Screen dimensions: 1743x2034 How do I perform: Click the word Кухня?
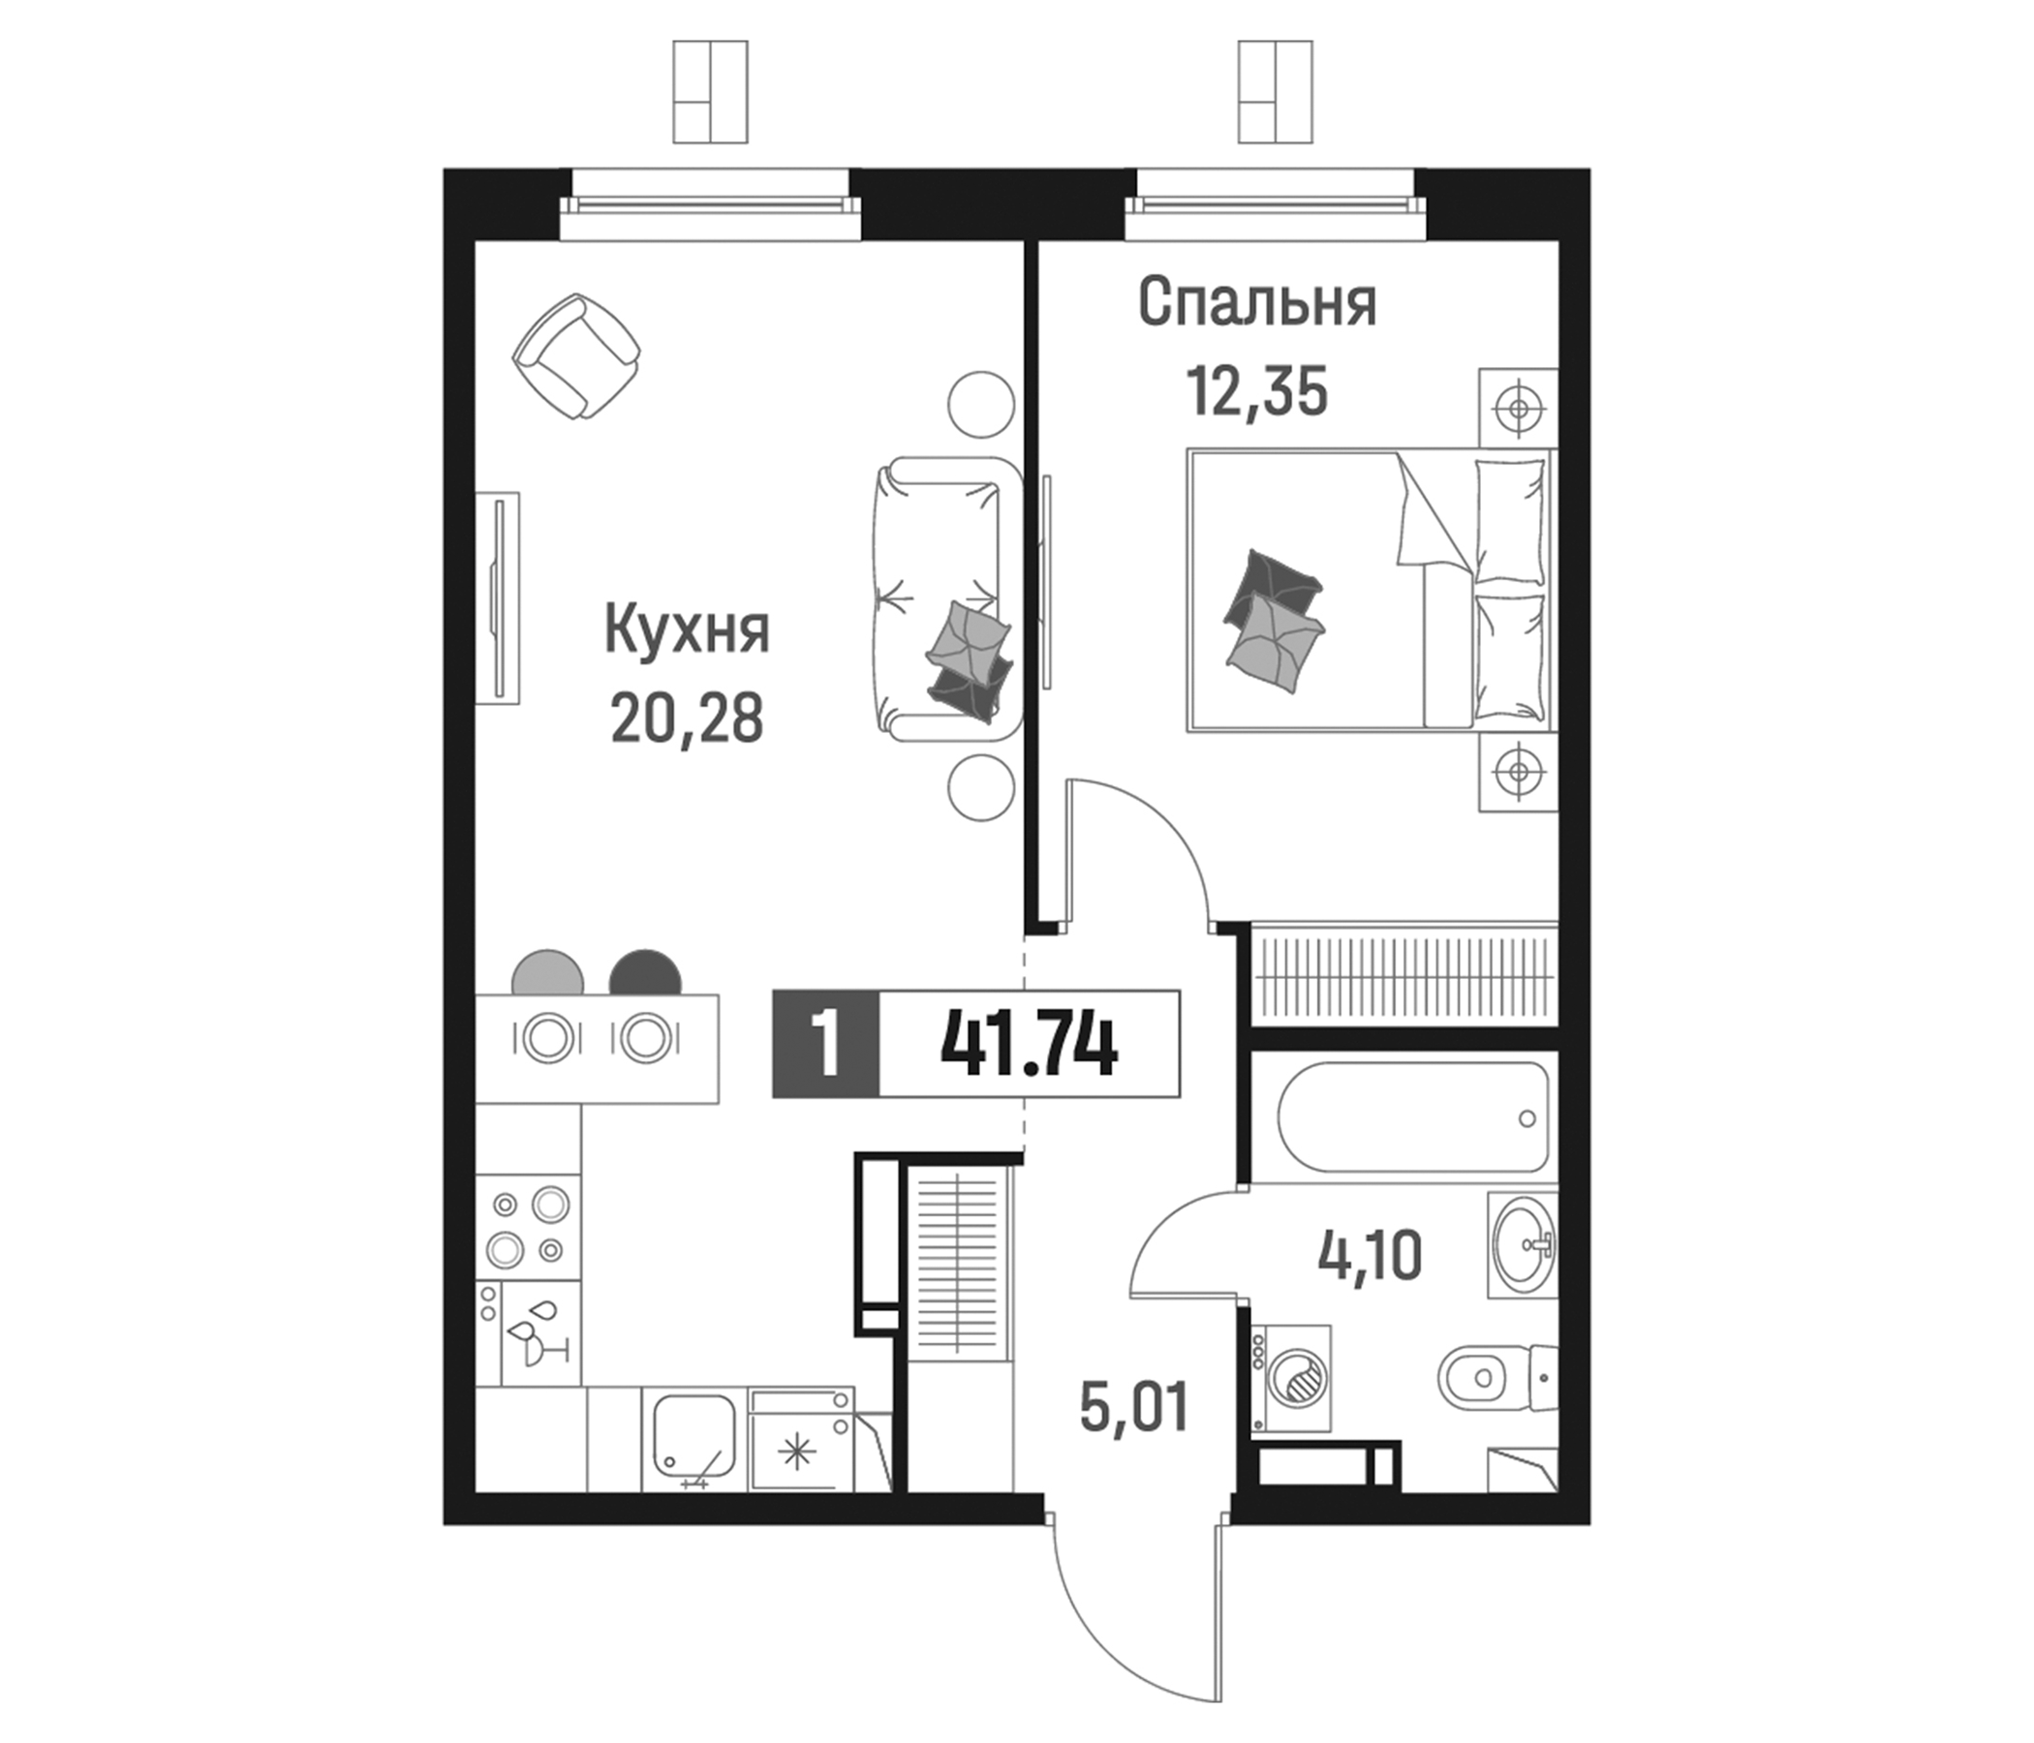[x=687, y=631]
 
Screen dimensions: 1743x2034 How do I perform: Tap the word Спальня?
[x=1256, y=303]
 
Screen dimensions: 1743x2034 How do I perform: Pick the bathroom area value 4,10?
[x=1370, y=1256]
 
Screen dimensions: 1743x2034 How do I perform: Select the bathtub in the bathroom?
[x=1413, y=1116]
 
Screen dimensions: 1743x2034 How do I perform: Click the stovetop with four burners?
[x=528, y=1226]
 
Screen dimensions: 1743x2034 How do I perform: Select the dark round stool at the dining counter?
[x=645, y=973]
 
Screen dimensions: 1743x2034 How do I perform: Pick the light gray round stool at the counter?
[x=548, y=973]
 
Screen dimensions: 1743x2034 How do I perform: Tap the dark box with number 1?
[x=826, y=1043]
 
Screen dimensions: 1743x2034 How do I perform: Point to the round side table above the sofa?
[x=980, y=405]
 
